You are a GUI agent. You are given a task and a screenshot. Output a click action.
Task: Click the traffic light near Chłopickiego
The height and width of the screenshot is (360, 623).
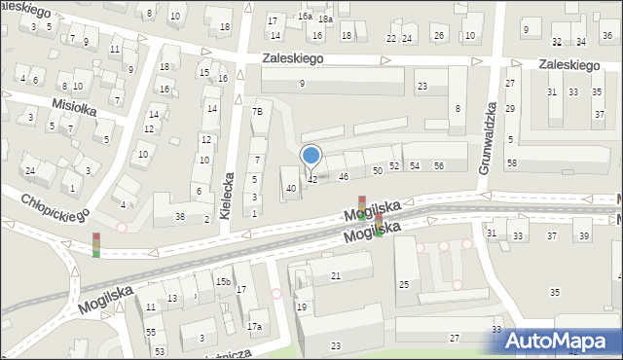coord(95,245)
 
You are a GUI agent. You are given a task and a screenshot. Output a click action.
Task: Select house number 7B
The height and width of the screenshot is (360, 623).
coord(257,112)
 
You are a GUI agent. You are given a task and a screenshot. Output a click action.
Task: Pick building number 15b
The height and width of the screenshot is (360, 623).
coord(223,281)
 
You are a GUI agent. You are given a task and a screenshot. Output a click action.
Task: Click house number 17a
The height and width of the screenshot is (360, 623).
coord(255,326)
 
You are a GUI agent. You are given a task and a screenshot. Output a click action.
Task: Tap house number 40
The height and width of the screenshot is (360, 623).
coord(290,188)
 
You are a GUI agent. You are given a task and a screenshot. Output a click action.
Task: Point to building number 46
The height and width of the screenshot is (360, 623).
coord(344,176)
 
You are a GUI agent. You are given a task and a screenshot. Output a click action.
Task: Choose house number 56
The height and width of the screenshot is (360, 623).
coord(439,166)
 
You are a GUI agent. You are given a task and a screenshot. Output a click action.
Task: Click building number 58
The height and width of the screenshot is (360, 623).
coord(512,162)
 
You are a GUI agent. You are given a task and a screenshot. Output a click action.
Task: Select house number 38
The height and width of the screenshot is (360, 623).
coord(181,215)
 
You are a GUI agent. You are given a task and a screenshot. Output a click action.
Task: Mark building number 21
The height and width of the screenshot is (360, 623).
coord(336,277)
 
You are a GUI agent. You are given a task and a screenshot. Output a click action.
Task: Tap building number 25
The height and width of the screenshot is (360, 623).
coord(403,284)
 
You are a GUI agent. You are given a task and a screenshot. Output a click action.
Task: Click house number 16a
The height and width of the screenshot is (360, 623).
coord(305,17)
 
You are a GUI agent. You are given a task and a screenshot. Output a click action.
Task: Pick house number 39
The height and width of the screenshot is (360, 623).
coord(583,236)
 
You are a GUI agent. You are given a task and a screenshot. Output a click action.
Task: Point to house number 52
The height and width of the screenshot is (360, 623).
coord(394,166)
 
